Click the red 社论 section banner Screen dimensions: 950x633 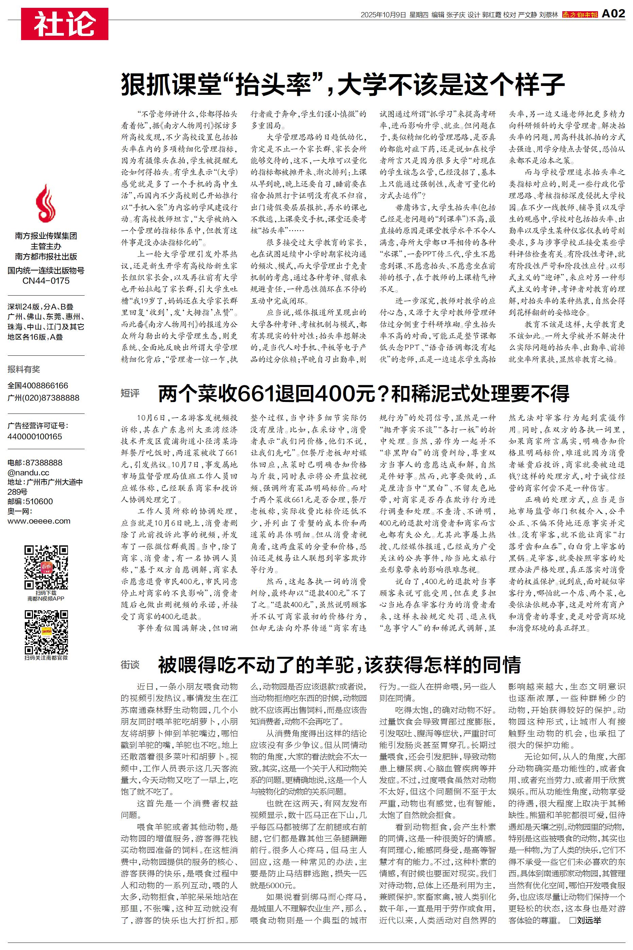tap(65, 24)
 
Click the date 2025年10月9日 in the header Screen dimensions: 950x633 tap(383, 15)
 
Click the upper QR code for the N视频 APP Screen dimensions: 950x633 tap(46, 567)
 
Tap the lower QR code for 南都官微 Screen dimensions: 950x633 tap(46, 632)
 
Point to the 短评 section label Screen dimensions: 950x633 tap(130, 393)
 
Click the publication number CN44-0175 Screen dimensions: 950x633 tap(46, 281)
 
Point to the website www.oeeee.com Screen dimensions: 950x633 tap(39, 521)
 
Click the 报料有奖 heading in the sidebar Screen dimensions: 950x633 tap(24, 369)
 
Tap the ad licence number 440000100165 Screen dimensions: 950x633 tap(35, 437)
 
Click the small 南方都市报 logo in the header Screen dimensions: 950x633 tap(580, 15)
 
